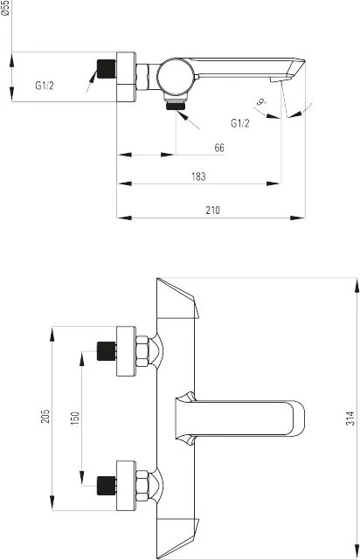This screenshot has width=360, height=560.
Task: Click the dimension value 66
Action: pos(219,148)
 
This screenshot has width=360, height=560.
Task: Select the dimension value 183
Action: pos(198,176)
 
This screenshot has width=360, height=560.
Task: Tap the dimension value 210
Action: pos(213,209)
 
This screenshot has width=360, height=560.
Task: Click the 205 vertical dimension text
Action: pos(46,418)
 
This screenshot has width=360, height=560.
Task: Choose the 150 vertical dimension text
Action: pos(75,418)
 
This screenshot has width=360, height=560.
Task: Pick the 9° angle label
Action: pos(261,103)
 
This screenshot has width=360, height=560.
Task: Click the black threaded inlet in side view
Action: pos(106,68)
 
